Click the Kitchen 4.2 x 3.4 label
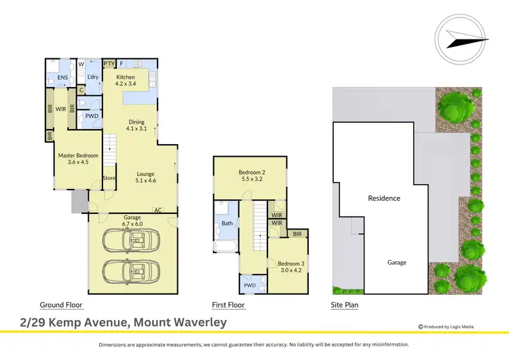pos(126,81)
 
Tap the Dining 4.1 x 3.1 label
pos(137,125)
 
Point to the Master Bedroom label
pos(79,158)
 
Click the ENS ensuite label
pos(62,77)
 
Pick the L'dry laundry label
pos(93,77)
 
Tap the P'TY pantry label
pos(109,64)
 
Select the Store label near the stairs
pos(110,178)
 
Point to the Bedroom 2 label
pos(251,176)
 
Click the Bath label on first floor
pos(227,223)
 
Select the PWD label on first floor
pos(248,285)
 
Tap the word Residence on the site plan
pos(384,198)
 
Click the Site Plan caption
pos(344,305)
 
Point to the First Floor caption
pos(228,305)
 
